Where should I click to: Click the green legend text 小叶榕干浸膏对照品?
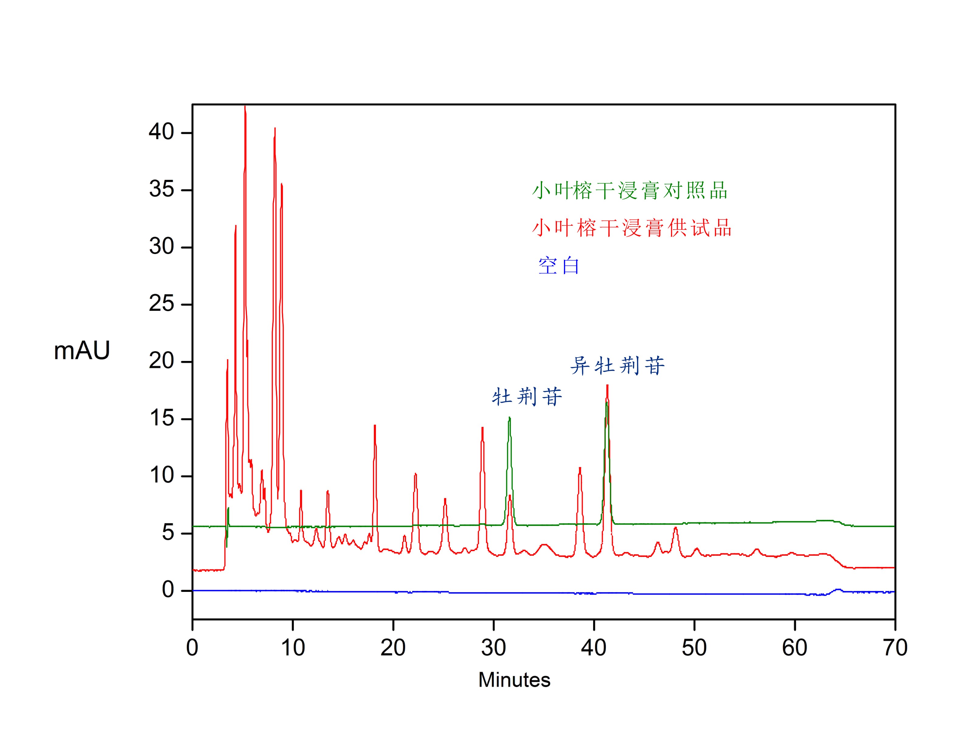tap(629, 191)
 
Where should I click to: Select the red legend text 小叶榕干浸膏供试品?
tap(631, 228)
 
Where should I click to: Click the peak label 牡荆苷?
tap(527, 397)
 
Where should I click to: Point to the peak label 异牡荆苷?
tap(617, 366)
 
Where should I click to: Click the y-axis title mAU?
tap(82, 351)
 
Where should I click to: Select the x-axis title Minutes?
tap(514, 680)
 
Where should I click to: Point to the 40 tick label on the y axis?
tap(162, 132)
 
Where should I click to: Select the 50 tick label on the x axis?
tap(694, 648)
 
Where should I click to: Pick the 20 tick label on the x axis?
tap(393, 648)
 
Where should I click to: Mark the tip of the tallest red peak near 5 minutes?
tap(245, 107)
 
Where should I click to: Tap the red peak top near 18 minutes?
tap(375, 426)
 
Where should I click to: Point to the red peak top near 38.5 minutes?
tap(580, 468)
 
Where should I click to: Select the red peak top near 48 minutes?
tap(675, 528)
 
